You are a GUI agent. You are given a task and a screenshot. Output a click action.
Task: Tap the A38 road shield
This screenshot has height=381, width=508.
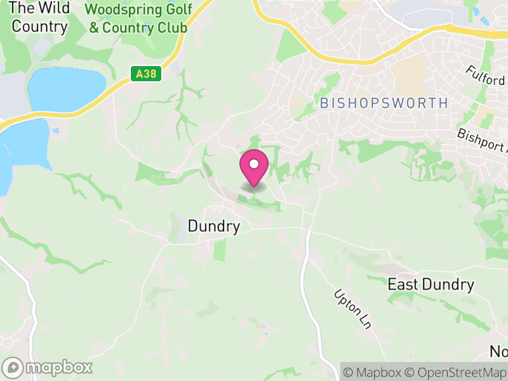click(x=147, y=74)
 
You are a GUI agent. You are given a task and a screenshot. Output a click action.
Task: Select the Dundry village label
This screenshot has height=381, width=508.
click(x=214, y=227)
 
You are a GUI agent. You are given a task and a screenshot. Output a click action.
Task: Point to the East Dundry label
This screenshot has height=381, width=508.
click(x=431, y=284)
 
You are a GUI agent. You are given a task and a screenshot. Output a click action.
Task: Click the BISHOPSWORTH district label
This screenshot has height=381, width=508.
click(x=384, y=103)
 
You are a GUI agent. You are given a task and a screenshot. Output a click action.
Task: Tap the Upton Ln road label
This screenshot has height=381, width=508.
click(x=352, y=309)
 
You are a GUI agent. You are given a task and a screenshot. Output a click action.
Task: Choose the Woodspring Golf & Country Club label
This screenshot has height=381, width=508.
click(x=138, y=19)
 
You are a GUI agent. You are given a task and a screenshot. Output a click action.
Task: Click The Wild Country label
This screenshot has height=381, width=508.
click(x=39, y=17)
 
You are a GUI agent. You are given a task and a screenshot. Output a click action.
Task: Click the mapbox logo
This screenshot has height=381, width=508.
click(x=48, y=367)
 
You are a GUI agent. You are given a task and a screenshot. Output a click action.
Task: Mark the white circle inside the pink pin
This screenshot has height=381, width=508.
click(x=254, y=164)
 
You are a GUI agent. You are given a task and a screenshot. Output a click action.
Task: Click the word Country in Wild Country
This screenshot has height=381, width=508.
click(x=39, y=27)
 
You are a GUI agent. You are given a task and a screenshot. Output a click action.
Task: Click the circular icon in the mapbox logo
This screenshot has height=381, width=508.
click(x=13, y=368)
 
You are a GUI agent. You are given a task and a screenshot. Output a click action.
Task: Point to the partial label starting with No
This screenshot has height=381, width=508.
click(x=498, y=351)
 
